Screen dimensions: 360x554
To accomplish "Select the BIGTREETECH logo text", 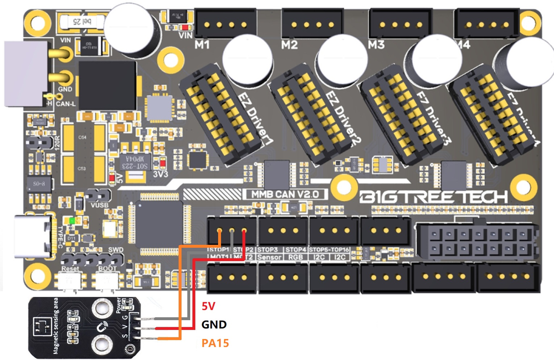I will coord(433,197).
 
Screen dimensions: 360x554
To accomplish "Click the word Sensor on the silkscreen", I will coord(270,258).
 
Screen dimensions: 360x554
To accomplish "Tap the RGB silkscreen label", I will coord(296,258).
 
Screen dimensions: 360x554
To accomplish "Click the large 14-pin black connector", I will coord(475,243).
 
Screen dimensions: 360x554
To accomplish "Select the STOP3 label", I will coord(268,250).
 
